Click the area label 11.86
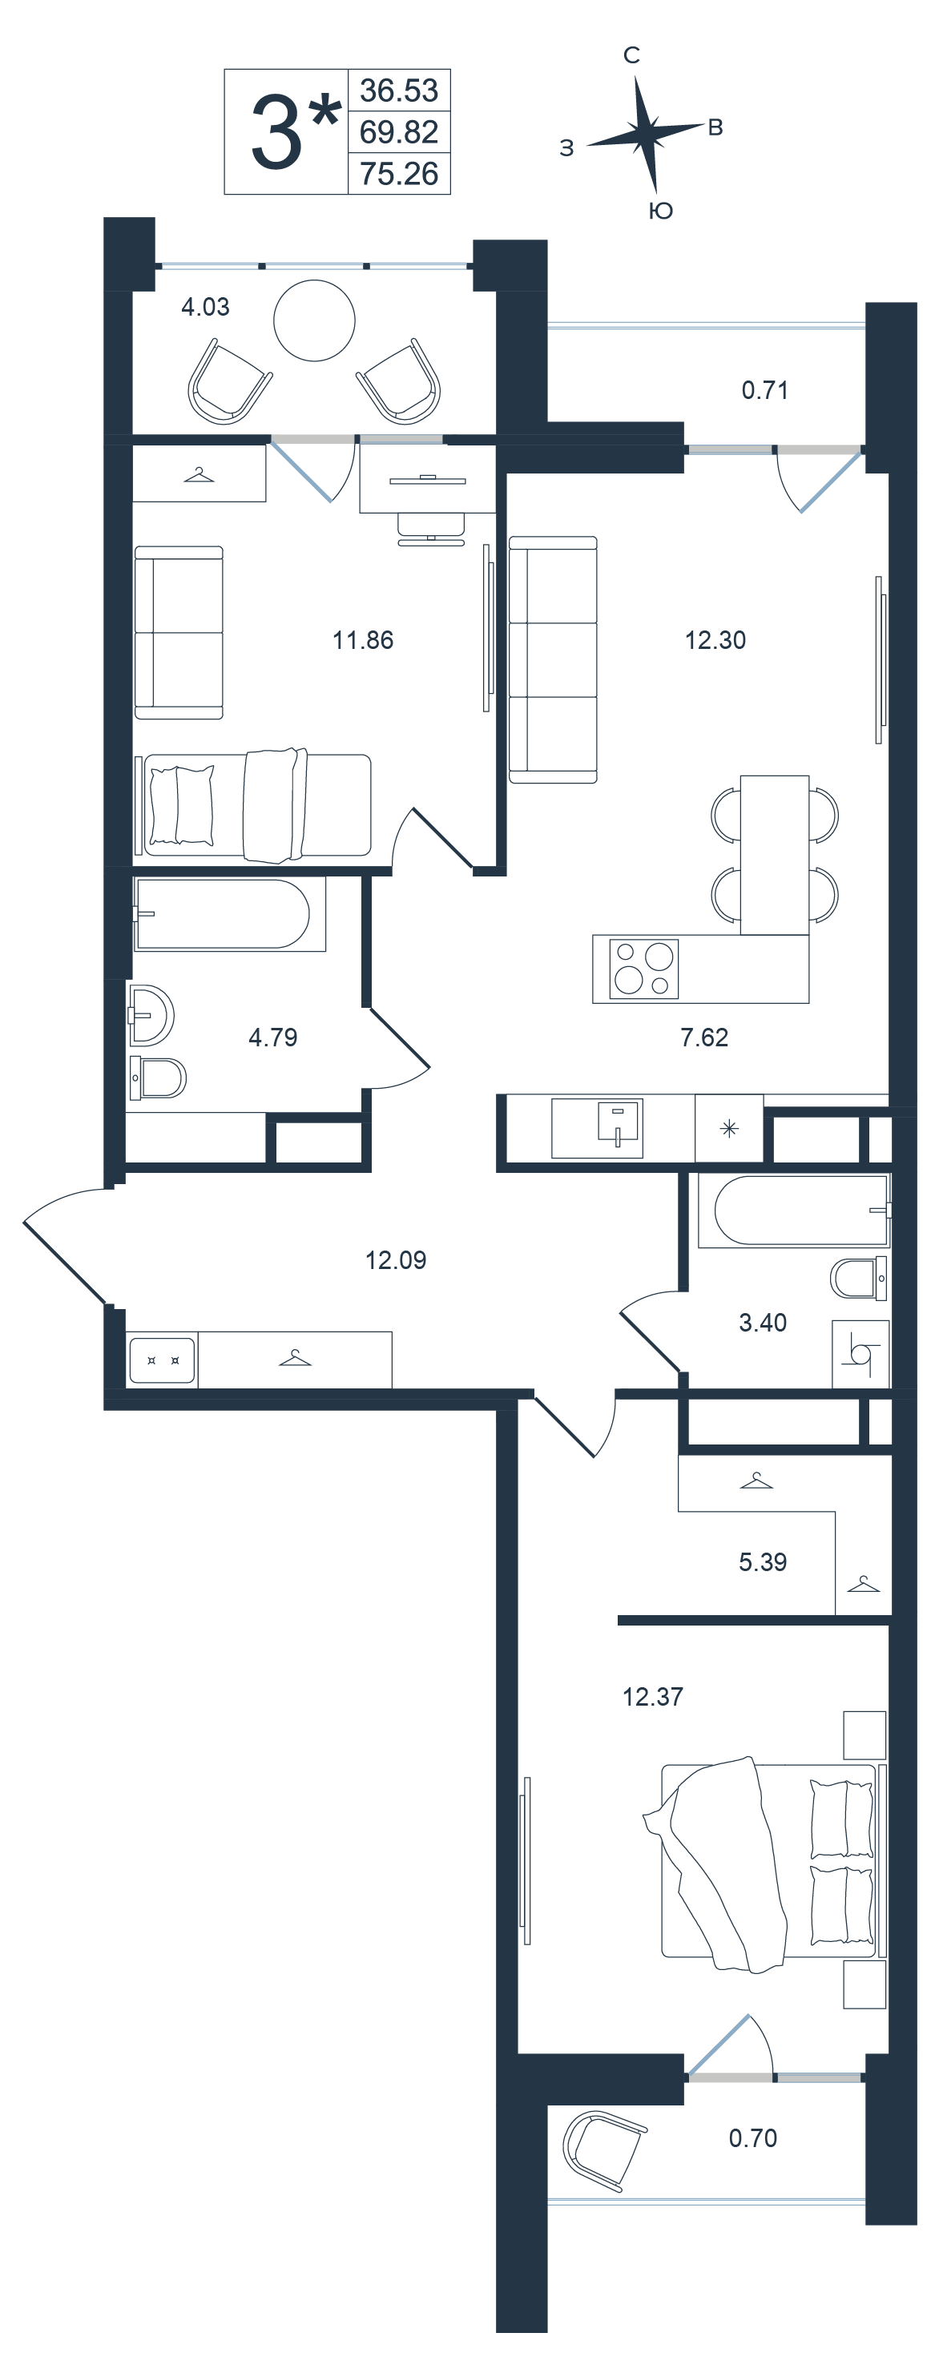362,640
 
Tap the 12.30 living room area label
715,640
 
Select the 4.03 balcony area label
205,308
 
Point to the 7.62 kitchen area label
704,1037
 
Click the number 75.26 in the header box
399,174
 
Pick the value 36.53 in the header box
399,91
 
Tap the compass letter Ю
660,212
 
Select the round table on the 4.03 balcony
315,320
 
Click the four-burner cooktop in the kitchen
644,968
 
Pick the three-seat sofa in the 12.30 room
553,659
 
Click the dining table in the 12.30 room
775,855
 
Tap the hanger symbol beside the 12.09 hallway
295,1358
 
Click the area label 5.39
763,1562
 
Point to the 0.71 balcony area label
765,391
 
